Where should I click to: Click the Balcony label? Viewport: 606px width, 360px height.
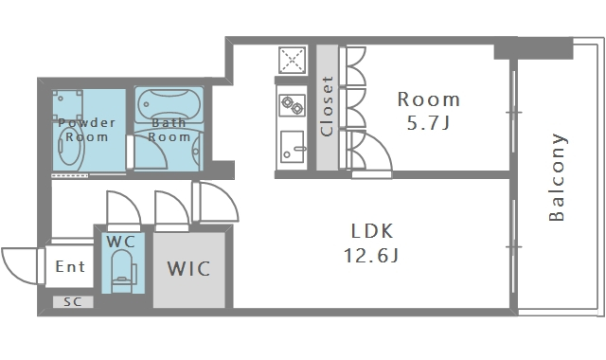coord(558,178)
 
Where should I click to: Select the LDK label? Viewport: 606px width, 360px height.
coord(372,230)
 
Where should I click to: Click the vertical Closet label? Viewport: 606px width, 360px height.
coord(327,107)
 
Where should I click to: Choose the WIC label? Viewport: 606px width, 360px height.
coord(189,268)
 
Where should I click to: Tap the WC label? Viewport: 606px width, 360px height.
coord(120,242)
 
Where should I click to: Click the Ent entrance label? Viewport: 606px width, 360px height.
coord(71,267)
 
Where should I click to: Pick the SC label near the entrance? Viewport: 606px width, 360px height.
coord(72,302)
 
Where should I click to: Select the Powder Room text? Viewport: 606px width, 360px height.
coord(86,130)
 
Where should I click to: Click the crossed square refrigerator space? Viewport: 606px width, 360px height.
coord(291,61)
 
